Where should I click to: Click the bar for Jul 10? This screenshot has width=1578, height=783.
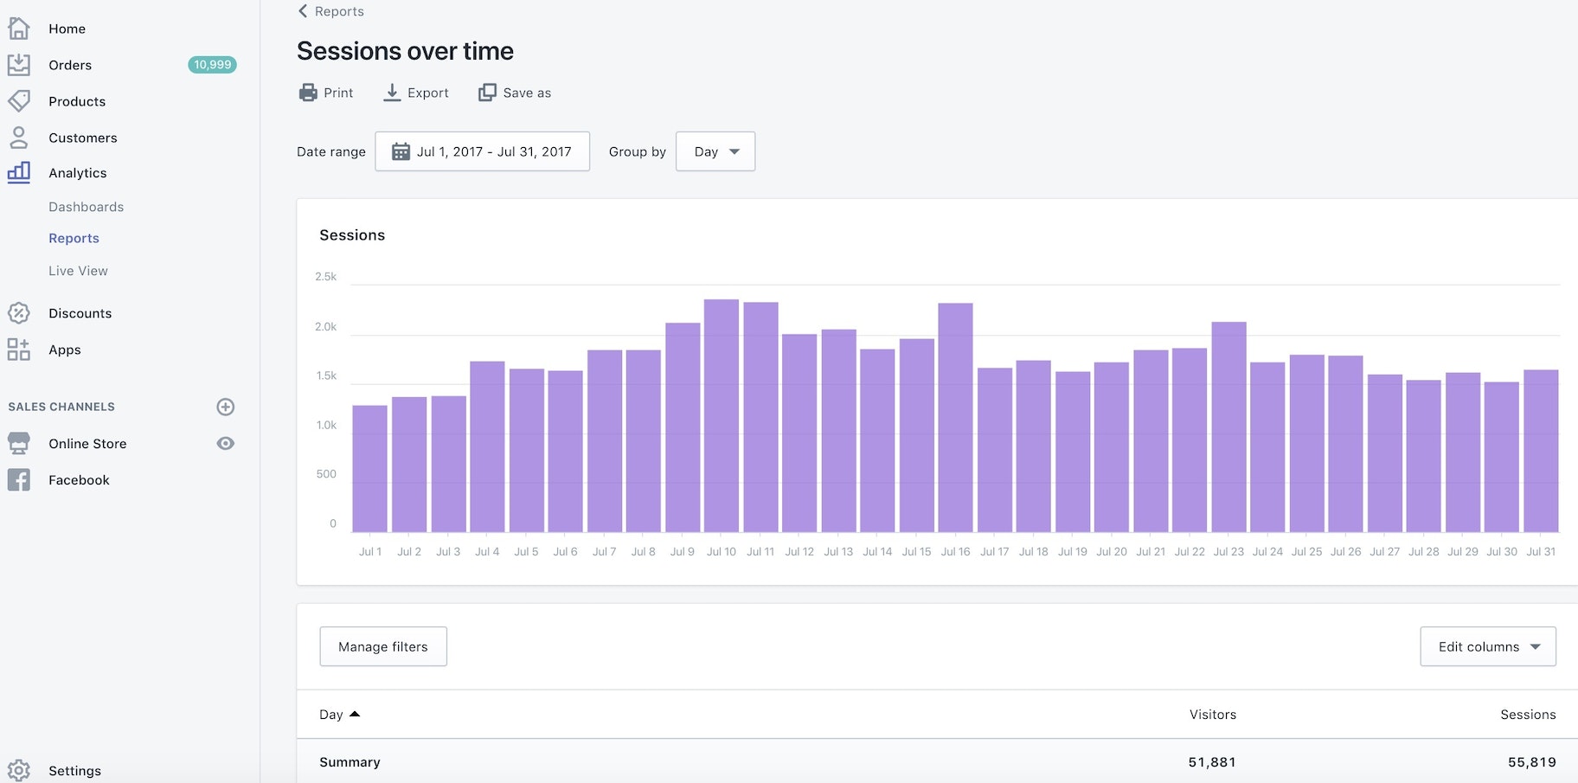(721, 415)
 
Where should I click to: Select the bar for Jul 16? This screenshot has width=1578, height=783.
(955, 417)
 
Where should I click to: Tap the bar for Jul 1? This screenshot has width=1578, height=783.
(370, 468)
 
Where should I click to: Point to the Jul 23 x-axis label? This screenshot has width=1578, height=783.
(1228, 551)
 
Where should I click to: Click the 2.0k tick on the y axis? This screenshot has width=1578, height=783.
(325, 327)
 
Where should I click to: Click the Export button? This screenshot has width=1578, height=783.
(416, 93)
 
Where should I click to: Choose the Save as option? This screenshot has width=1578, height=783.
(515, 93)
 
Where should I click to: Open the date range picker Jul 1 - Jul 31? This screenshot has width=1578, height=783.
(482, 151)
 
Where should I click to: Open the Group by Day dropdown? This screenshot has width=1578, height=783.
(715, 151)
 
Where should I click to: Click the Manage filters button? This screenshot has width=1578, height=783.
(383, 646)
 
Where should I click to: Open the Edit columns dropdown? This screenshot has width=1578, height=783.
(1488, 646)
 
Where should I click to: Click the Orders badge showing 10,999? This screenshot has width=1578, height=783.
(212, 65)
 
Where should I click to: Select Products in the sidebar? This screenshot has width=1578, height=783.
(77, 101)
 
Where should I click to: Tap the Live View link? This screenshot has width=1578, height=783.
(78, 271)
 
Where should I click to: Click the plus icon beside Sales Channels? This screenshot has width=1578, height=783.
(226, 407)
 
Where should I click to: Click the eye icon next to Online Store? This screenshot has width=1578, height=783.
(226, 443)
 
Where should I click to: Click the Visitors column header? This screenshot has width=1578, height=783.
(1212, 715)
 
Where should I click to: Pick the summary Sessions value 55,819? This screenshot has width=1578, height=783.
(1531, 762)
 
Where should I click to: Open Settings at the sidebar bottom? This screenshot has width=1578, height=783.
(74, 771)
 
